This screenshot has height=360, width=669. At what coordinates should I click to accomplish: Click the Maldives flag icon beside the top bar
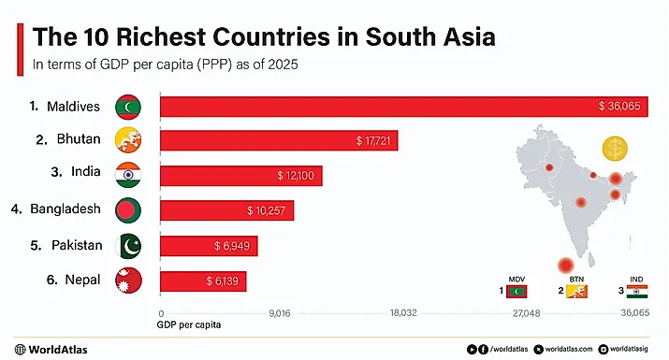pos(128,107)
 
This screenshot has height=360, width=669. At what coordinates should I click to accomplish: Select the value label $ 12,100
pos(298,176)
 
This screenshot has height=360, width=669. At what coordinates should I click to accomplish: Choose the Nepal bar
pos(203,280)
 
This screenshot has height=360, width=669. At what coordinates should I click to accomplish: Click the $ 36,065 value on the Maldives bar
pos(618,107)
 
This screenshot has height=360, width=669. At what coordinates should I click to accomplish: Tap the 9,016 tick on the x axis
pos(280,314)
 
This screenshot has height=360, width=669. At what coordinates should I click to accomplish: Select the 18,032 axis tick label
pos(403,314)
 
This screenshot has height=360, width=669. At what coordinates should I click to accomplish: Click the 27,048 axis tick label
pos(527,314)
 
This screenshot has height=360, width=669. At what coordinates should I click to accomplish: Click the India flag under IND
pos(638,292)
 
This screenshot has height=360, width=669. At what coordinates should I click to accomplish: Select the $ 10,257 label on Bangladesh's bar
pos(268,210)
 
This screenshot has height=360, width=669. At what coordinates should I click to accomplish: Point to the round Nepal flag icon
pos(128,280)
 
